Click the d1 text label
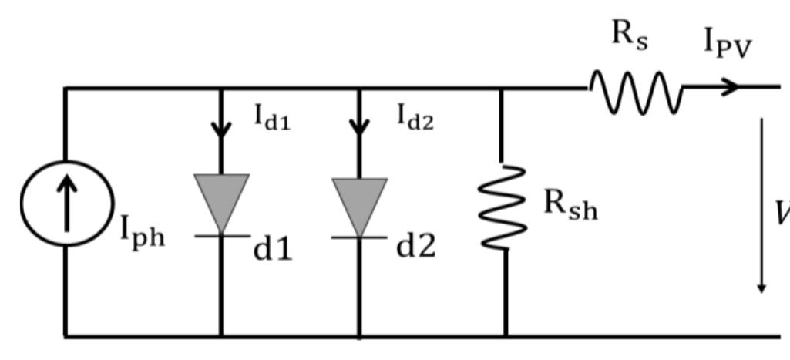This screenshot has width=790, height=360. coord(274,248)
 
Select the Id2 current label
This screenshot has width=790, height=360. coord(415,116)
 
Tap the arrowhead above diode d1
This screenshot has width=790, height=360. coord(221,128)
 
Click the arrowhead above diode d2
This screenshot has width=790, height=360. coord(359,126)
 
